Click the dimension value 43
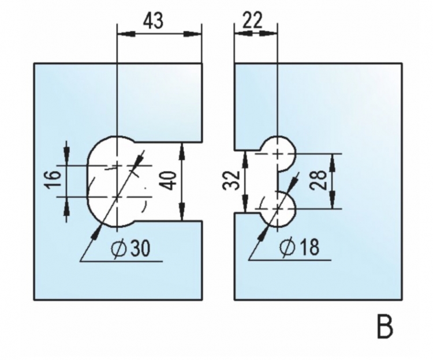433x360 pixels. click(154, 21)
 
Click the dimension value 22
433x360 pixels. click(252, 20)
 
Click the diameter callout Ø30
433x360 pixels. click(130, 248)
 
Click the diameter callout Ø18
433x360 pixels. click(300, 247)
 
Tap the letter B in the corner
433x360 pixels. click(385, 328)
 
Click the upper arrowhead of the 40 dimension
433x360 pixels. click(182, 151)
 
